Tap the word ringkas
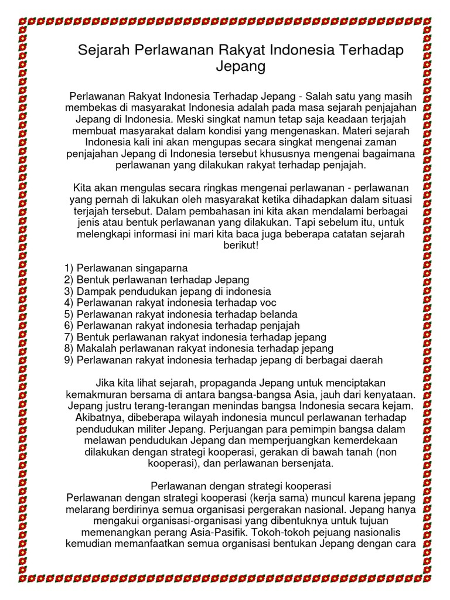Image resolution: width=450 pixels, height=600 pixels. click(x=216, y=189)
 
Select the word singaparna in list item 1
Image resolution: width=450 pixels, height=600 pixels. click(x=157, y=268)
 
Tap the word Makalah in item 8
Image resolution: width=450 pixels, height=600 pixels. click(x=95, y=349)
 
